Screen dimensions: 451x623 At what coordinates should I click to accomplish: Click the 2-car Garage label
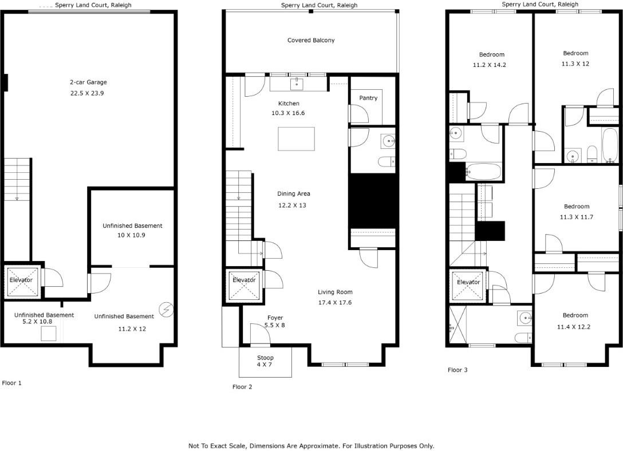click(88, 82)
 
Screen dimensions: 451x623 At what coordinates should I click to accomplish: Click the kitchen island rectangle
click(296, 139)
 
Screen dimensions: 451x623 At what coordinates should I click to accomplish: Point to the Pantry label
click(368, 98)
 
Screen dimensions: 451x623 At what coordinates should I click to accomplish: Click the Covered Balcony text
click(311, 41)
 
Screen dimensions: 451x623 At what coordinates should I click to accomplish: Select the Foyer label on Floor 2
click(275, 318)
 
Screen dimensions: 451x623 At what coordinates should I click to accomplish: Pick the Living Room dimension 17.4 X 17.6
click(335, 302)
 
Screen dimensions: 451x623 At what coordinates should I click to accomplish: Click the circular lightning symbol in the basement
click(165, 310)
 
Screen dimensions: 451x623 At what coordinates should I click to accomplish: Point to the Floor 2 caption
click(242, 387)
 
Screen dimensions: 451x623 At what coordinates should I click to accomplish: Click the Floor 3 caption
click(458, 370)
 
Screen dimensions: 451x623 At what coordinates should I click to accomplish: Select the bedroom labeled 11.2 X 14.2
click(488, 65)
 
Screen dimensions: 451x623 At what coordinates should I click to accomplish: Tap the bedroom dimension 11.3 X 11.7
click(576, 217)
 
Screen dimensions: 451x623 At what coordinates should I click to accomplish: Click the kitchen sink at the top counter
click(297, 84)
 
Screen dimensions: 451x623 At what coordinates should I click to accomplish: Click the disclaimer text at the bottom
click(311, 445)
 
